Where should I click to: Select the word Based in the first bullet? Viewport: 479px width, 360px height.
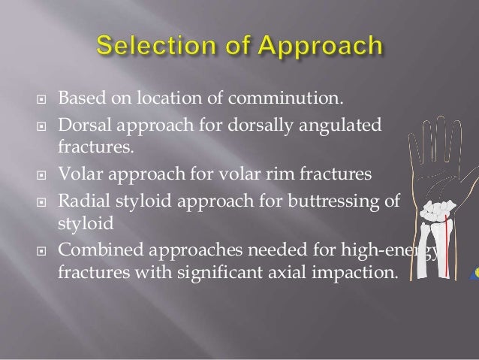[x=79, y=98]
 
